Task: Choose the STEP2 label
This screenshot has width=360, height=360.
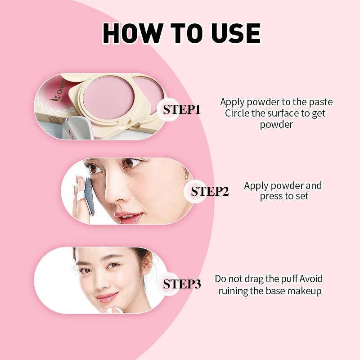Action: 210,191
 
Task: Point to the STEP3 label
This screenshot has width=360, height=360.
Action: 182,284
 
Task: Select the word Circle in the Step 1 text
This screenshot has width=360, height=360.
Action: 237,113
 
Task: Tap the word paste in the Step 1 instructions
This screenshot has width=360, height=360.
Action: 320,102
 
